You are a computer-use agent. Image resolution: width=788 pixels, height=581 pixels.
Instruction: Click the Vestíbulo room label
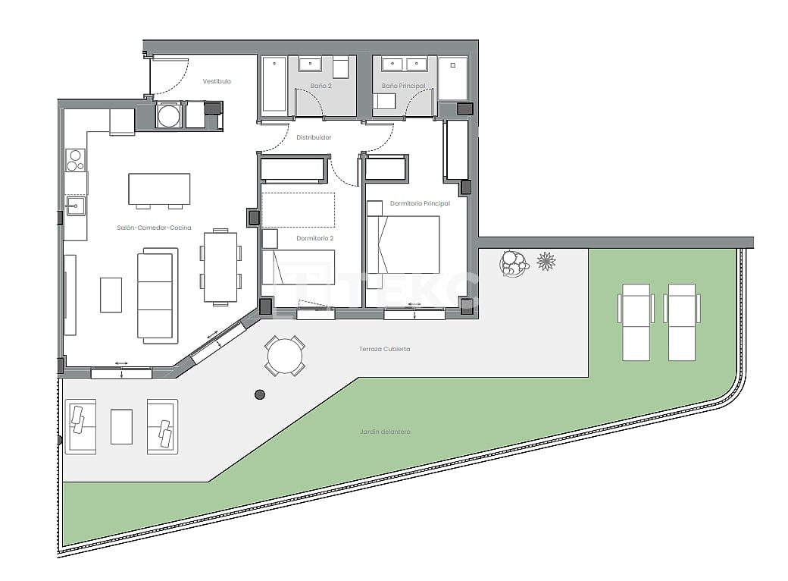tap(217, 81)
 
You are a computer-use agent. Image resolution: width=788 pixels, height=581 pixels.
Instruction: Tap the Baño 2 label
tap(321, 86)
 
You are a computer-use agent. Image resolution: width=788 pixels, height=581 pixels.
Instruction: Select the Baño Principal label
tap(403, 86)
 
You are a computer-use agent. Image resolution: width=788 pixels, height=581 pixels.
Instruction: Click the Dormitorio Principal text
tap(420, 203)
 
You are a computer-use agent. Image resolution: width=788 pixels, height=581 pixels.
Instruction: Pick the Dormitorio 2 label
tap(315, 238)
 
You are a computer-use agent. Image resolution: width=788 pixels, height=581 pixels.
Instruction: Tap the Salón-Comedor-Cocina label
tap(154, 228)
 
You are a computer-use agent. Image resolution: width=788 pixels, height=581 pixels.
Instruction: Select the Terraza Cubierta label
tap(385, 349)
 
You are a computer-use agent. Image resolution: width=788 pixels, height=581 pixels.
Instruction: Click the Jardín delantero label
tap(385, 432)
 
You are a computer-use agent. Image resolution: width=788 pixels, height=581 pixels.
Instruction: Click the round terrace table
tap(285, 356)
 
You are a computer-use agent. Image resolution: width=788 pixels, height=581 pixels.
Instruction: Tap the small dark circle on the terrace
tap(260, 394)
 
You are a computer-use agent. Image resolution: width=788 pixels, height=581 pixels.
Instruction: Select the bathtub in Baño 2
tap(274, 85)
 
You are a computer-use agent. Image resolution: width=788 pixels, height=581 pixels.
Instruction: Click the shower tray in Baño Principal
tap(453, 77)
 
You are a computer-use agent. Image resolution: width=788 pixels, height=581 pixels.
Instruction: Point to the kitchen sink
tap(74, 206)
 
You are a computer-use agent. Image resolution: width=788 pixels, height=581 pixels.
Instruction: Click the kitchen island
tap(159, 189)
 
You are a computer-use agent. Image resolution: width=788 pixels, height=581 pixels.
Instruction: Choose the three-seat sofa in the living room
tap(158, 296)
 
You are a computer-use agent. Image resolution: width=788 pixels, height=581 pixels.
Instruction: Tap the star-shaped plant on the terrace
tap(546, 262)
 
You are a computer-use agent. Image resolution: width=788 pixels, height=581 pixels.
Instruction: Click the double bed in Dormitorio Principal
tap(403, 244)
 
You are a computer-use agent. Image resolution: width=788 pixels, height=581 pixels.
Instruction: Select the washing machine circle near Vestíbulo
tap(168, 116)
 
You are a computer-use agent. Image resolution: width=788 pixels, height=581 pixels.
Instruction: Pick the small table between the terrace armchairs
tap(121, 426)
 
